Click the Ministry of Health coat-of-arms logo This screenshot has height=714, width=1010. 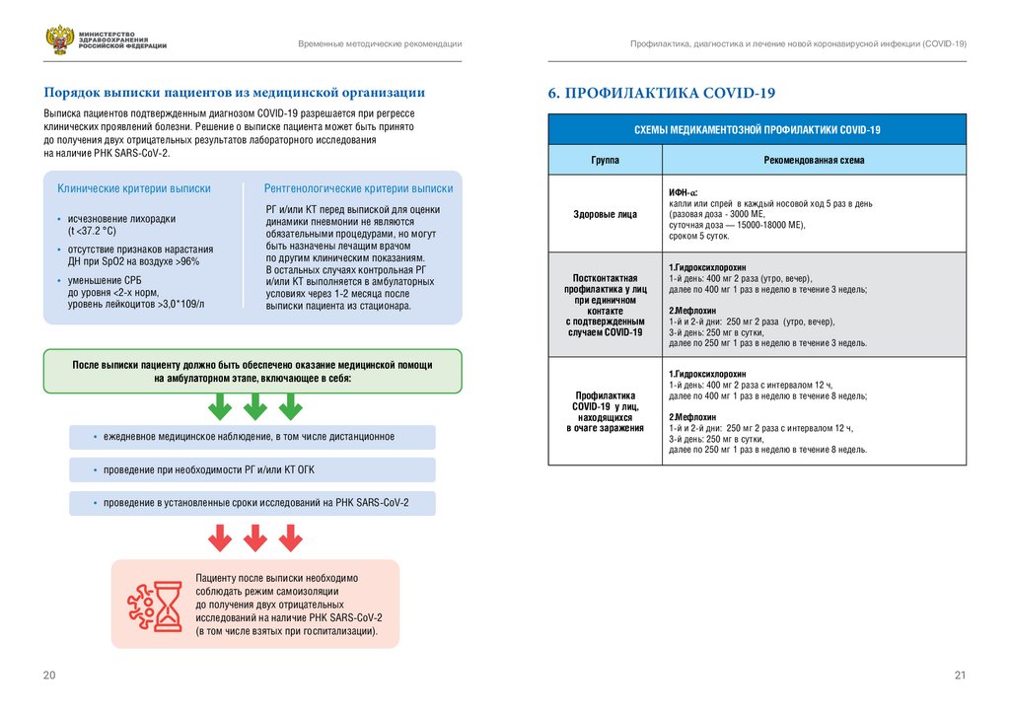click(59, 40)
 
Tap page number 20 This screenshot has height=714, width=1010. click(49, 675)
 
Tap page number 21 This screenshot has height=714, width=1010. click(960, 675)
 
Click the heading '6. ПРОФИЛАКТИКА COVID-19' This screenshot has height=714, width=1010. click(662, 94)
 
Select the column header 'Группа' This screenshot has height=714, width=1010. click(605, 160)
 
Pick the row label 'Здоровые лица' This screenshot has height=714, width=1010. click(605, 214)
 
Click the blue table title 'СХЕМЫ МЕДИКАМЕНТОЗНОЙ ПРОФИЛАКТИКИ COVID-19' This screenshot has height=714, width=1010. click(757, 130)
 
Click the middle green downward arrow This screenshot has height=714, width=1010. click(254, 405)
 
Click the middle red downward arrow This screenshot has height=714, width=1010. click(254, 537)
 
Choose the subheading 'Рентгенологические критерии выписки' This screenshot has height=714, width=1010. click(359, 188)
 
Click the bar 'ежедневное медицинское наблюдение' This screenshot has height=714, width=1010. click(252, 437)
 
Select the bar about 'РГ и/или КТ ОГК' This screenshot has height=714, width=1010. click(252, 470)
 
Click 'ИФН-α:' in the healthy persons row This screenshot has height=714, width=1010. click(684, 192)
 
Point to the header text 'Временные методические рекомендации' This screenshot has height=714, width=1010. click(381, 45)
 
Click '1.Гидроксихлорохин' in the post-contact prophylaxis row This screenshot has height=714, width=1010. click(709, 268)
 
